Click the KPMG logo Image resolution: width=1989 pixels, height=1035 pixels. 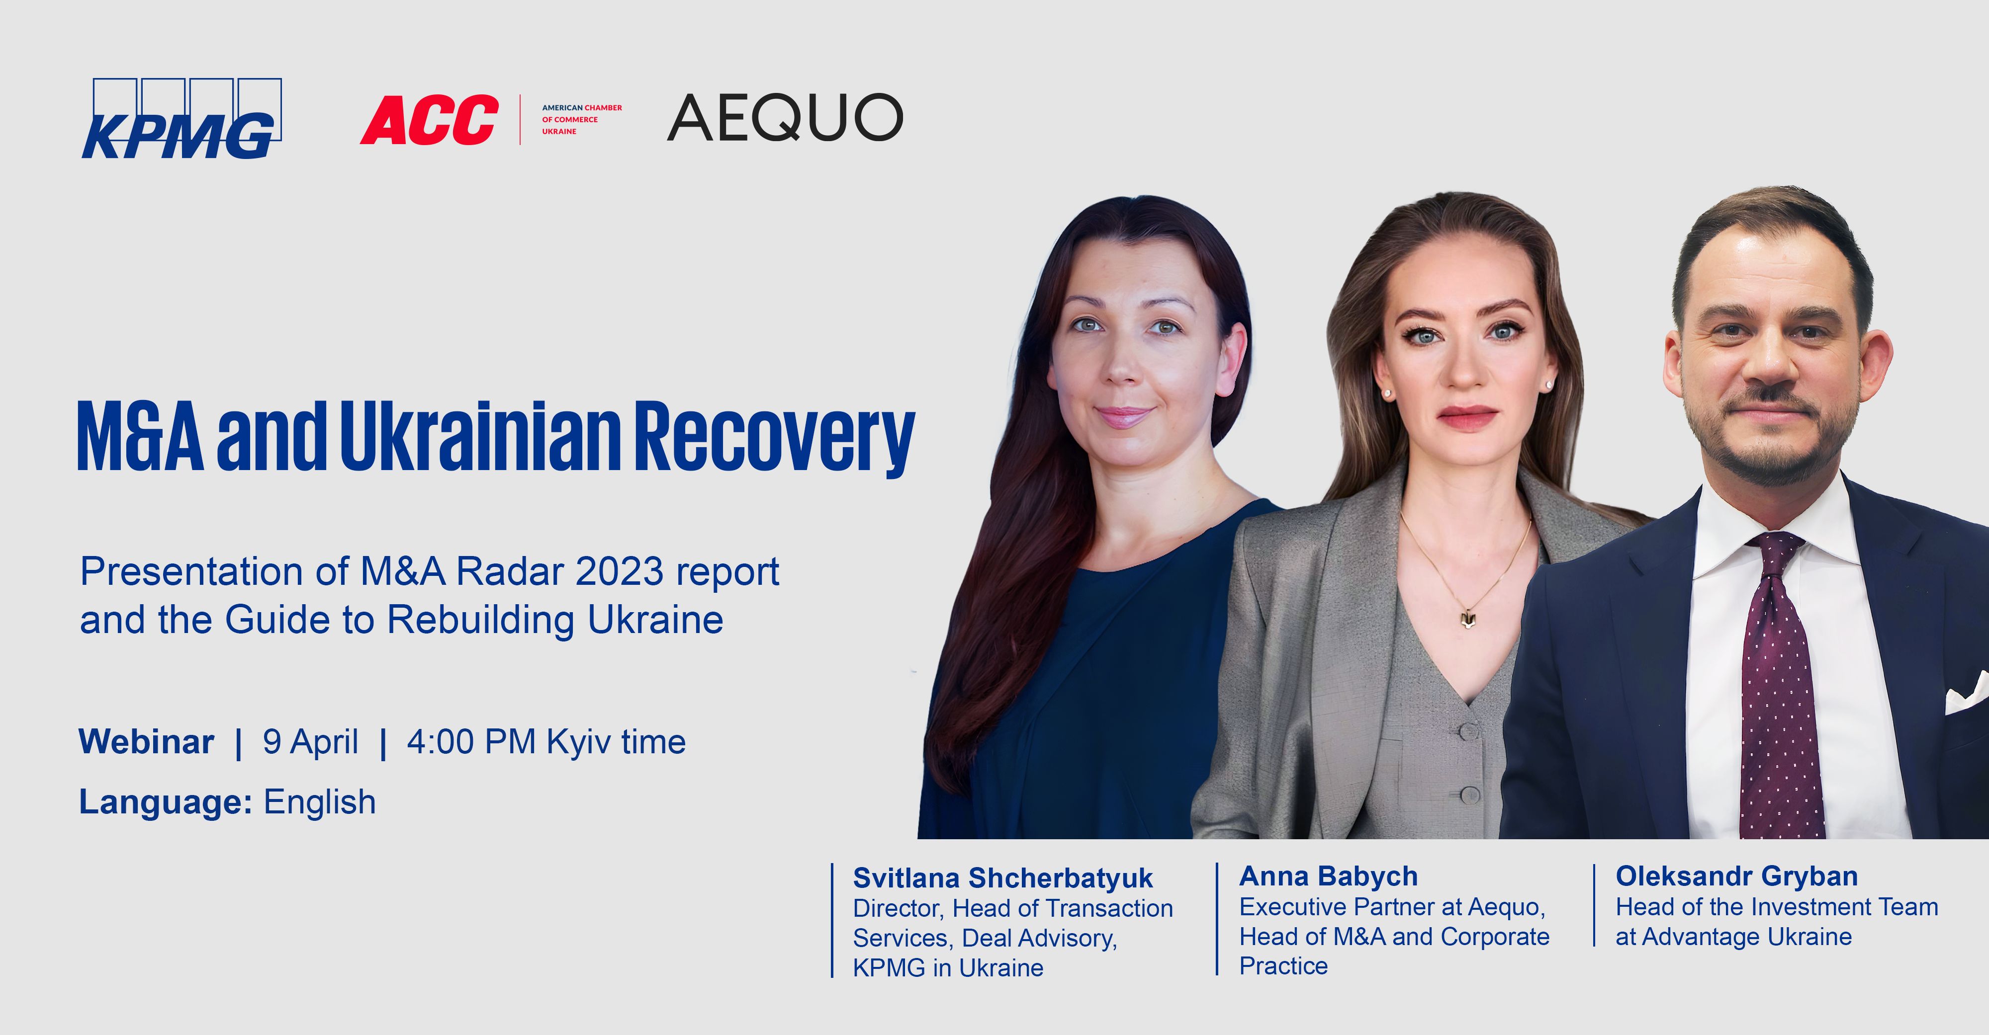click(x=181, y=118)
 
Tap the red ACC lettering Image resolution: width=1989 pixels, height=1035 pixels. click(x=429, y=120)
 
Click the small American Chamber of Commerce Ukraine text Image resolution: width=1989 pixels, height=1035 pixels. click(x=581, y=120)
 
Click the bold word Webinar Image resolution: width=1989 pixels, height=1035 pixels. click(x=147, y=742)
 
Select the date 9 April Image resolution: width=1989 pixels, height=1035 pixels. click(x=310, y=742)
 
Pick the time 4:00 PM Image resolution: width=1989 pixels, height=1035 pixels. click(x=471, y=742)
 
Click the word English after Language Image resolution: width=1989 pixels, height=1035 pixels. click(x=320, y=802)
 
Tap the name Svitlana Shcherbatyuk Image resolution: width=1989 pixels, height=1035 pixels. click(x=1002, y=878)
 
